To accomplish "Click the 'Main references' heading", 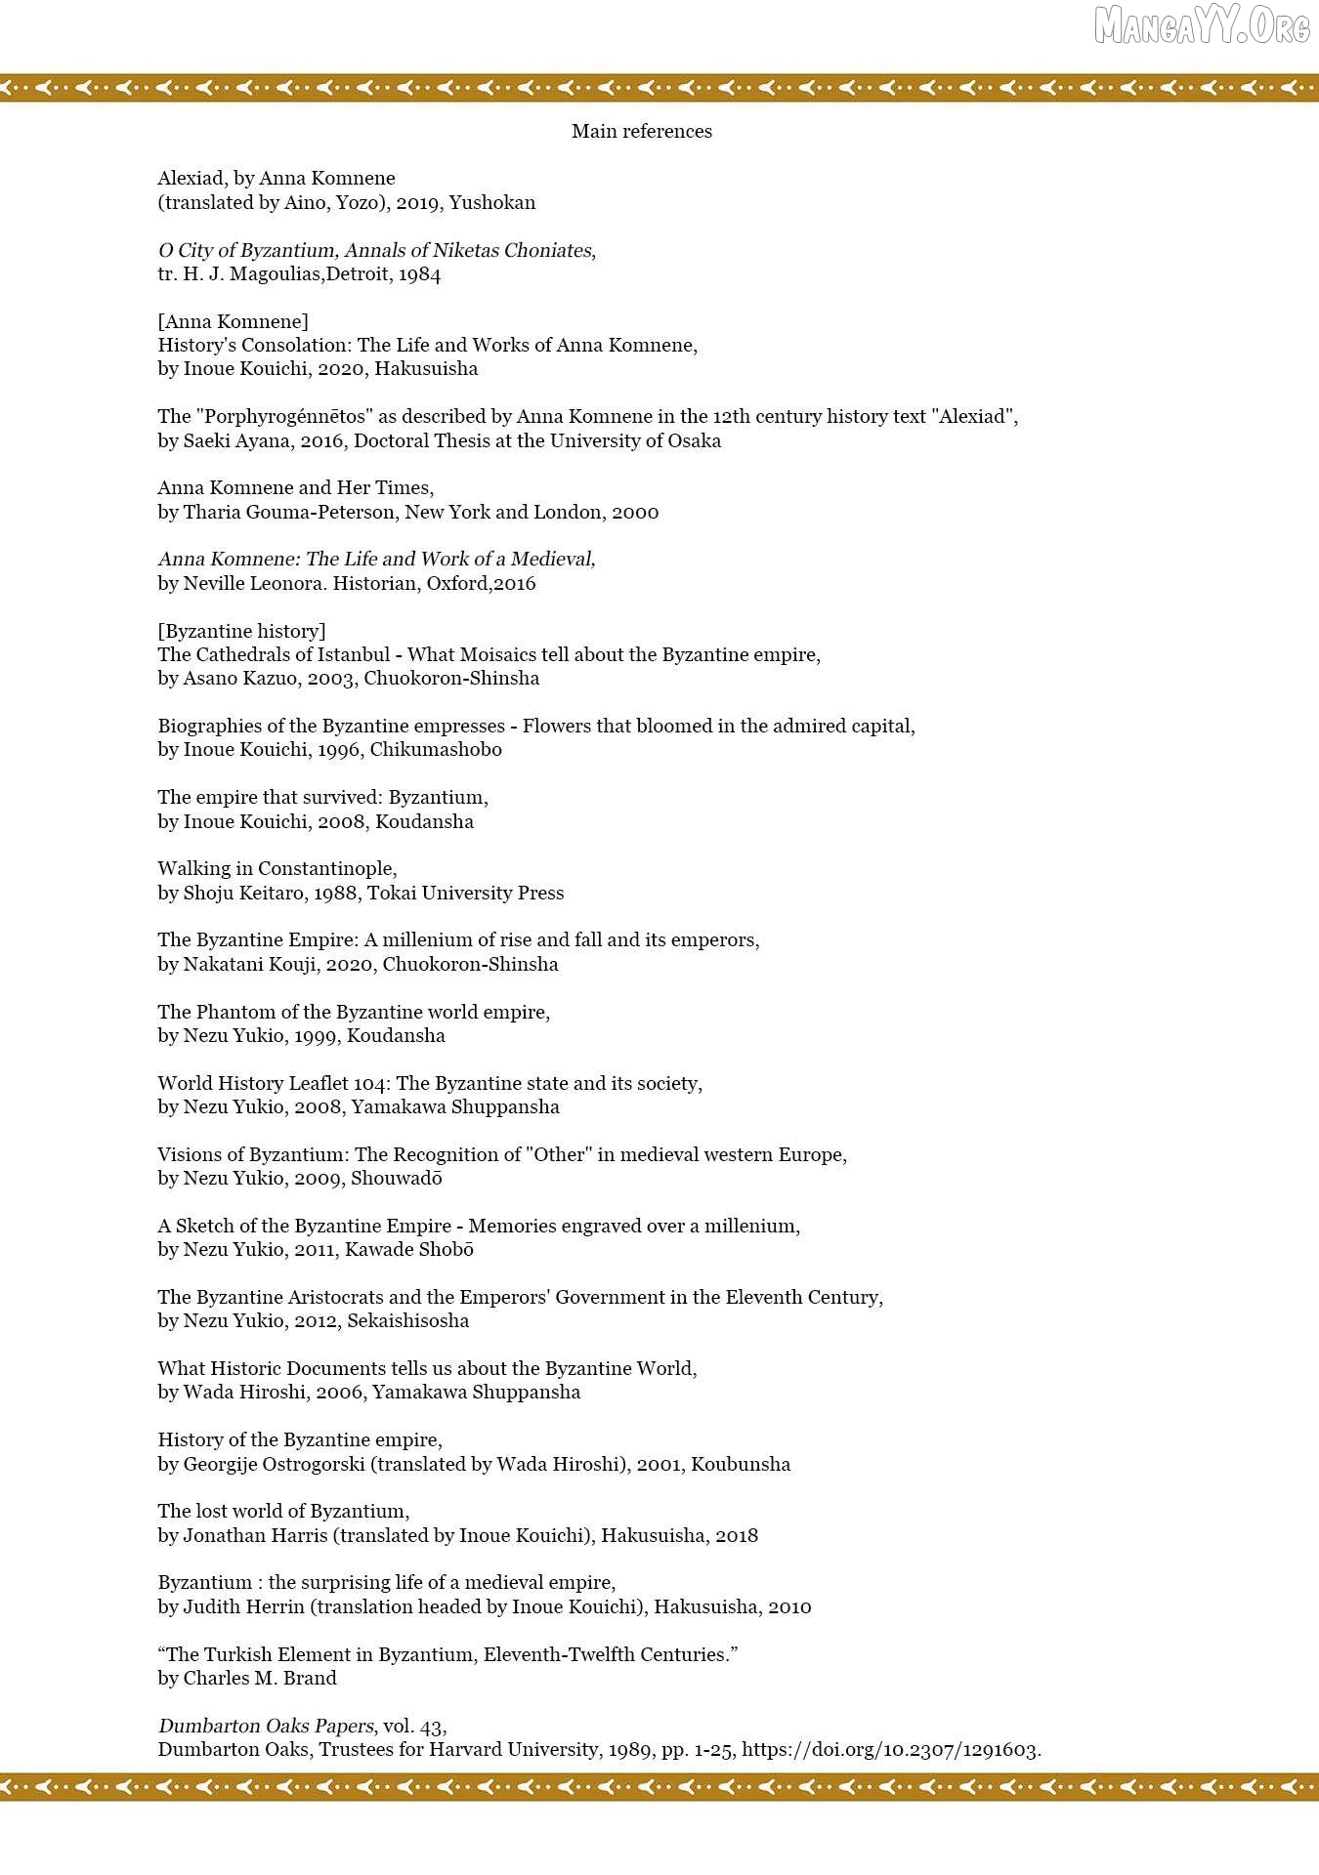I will pyautogui.click(x=641, y=131).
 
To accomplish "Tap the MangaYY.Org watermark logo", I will pyautogui.click(x=1201, y=26).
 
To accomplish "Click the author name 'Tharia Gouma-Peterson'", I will pyautogui.click(x=288, y=512).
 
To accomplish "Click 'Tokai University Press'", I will pyautogui.click(x=465, y=893).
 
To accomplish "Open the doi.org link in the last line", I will pyautogui.click(x=891, y=1749).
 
